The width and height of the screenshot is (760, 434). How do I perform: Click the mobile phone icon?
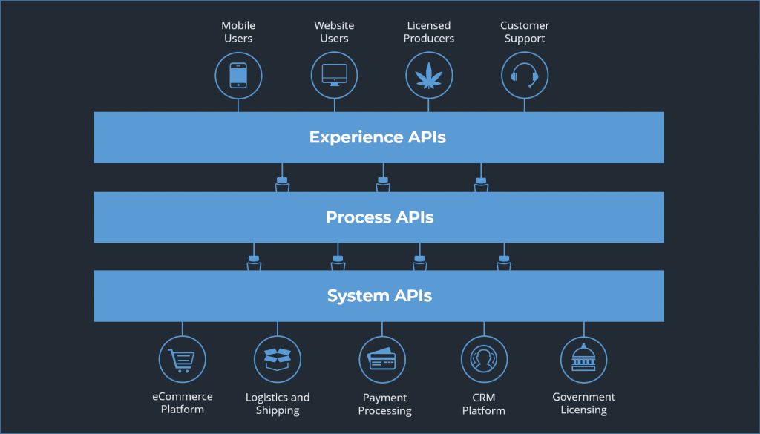coord(238,75)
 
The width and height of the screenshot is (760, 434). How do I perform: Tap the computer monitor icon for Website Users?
coord(334,75)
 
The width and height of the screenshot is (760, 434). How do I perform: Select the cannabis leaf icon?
coord(429,75)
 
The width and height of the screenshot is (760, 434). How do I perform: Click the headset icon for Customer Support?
coord(525,75)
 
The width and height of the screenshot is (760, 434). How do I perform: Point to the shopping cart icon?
coord(182,359)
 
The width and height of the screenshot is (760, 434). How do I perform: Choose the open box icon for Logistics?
coord(278,359)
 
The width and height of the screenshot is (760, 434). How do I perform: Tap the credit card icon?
coord(382,359)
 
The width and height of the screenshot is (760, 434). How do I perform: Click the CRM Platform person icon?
coord(484,359)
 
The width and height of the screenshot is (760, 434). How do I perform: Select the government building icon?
coord(583,359)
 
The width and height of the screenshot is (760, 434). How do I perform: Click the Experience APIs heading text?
coord(378,137)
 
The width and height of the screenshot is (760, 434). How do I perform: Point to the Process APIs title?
coord(379,217)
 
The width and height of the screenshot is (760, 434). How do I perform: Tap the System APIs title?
coord(379,296)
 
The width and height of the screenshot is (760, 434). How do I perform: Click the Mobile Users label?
coord(238,32)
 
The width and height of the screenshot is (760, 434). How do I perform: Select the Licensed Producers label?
coord(429,32)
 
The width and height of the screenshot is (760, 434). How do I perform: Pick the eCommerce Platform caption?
coord(183,403)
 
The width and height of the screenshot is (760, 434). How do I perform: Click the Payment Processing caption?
coord(384,404)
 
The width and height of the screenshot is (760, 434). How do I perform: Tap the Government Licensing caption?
coord(584,403)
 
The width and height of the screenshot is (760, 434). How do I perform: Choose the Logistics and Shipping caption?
coord(278,404)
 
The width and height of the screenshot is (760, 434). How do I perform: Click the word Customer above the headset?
coord(525,26)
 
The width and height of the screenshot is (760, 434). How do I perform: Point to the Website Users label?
coord(334,32)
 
